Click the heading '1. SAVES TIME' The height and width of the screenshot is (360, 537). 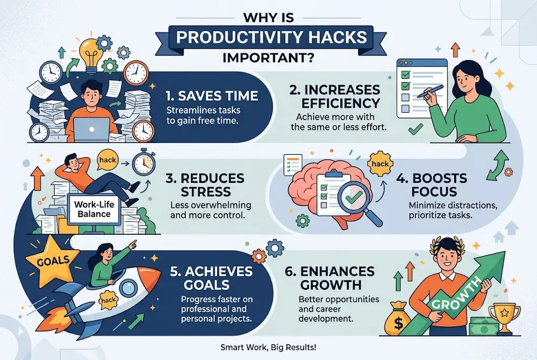pos(212,96)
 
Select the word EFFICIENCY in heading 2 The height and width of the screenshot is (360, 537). pos(341,103)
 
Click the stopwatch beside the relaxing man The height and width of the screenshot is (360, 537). pos(144,163)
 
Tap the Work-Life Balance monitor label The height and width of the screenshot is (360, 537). pos(94,209)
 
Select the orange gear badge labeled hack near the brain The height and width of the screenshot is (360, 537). pos(380,163)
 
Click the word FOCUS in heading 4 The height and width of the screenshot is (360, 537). pos(434,192)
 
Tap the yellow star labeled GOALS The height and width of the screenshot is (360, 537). pos(52,261)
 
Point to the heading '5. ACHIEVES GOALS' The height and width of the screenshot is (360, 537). pos(211,278)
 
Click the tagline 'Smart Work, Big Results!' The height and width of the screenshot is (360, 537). pos(268,347)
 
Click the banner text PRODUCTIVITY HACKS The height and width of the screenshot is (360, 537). pos(272,37)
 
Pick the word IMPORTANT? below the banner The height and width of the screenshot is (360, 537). pos(268,58)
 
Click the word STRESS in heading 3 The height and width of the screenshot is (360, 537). pos(206,192)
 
